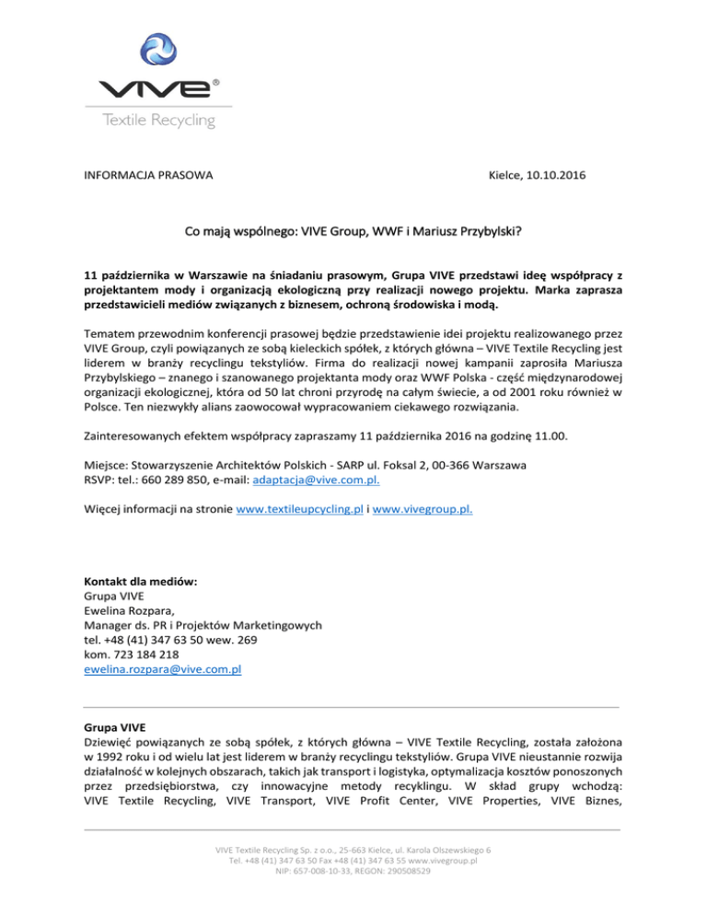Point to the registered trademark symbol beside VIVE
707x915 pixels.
tap(216, 82)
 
